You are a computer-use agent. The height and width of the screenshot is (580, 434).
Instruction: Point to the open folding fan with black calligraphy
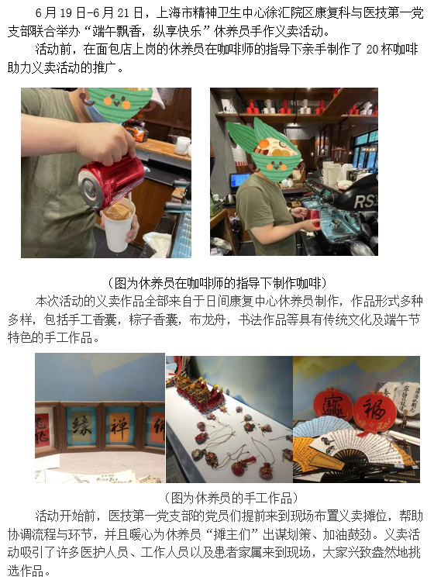tap(349, 442)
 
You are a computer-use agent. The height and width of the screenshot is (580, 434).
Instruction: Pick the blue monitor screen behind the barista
tap(239, 180)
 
